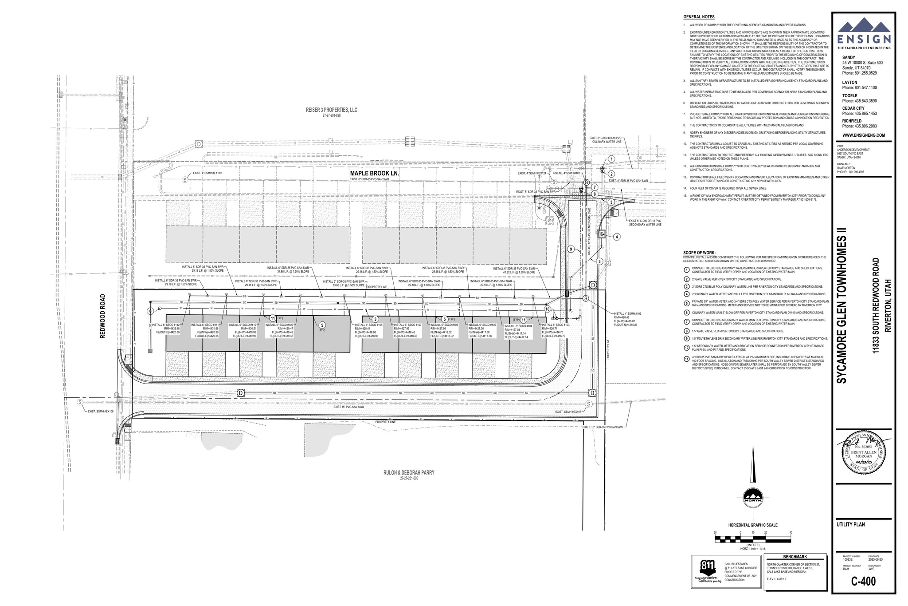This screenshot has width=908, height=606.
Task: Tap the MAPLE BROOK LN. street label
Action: point(375,174)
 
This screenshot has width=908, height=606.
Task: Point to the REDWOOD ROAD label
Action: point(103,316)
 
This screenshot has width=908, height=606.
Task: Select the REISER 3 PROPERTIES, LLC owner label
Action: point(331,110)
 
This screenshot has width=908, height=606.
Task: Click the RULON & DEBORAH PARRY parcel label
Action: point(409,473)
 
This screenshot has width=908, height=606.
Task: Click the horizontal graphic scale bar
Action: point(753,539)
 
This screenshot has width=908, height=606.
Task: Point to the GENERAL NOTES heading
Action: point(698,17)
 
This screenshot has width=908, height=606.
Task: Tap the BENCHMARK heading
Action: point(795,557)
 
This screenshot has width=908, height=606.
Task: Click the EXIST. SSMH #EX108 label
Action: point(101,412)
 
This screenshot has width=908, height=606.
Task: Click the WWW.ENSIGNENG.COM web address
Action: point(863,135)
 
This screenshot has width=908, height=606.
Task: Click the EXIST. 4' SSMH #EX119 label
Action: point(207,173)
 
